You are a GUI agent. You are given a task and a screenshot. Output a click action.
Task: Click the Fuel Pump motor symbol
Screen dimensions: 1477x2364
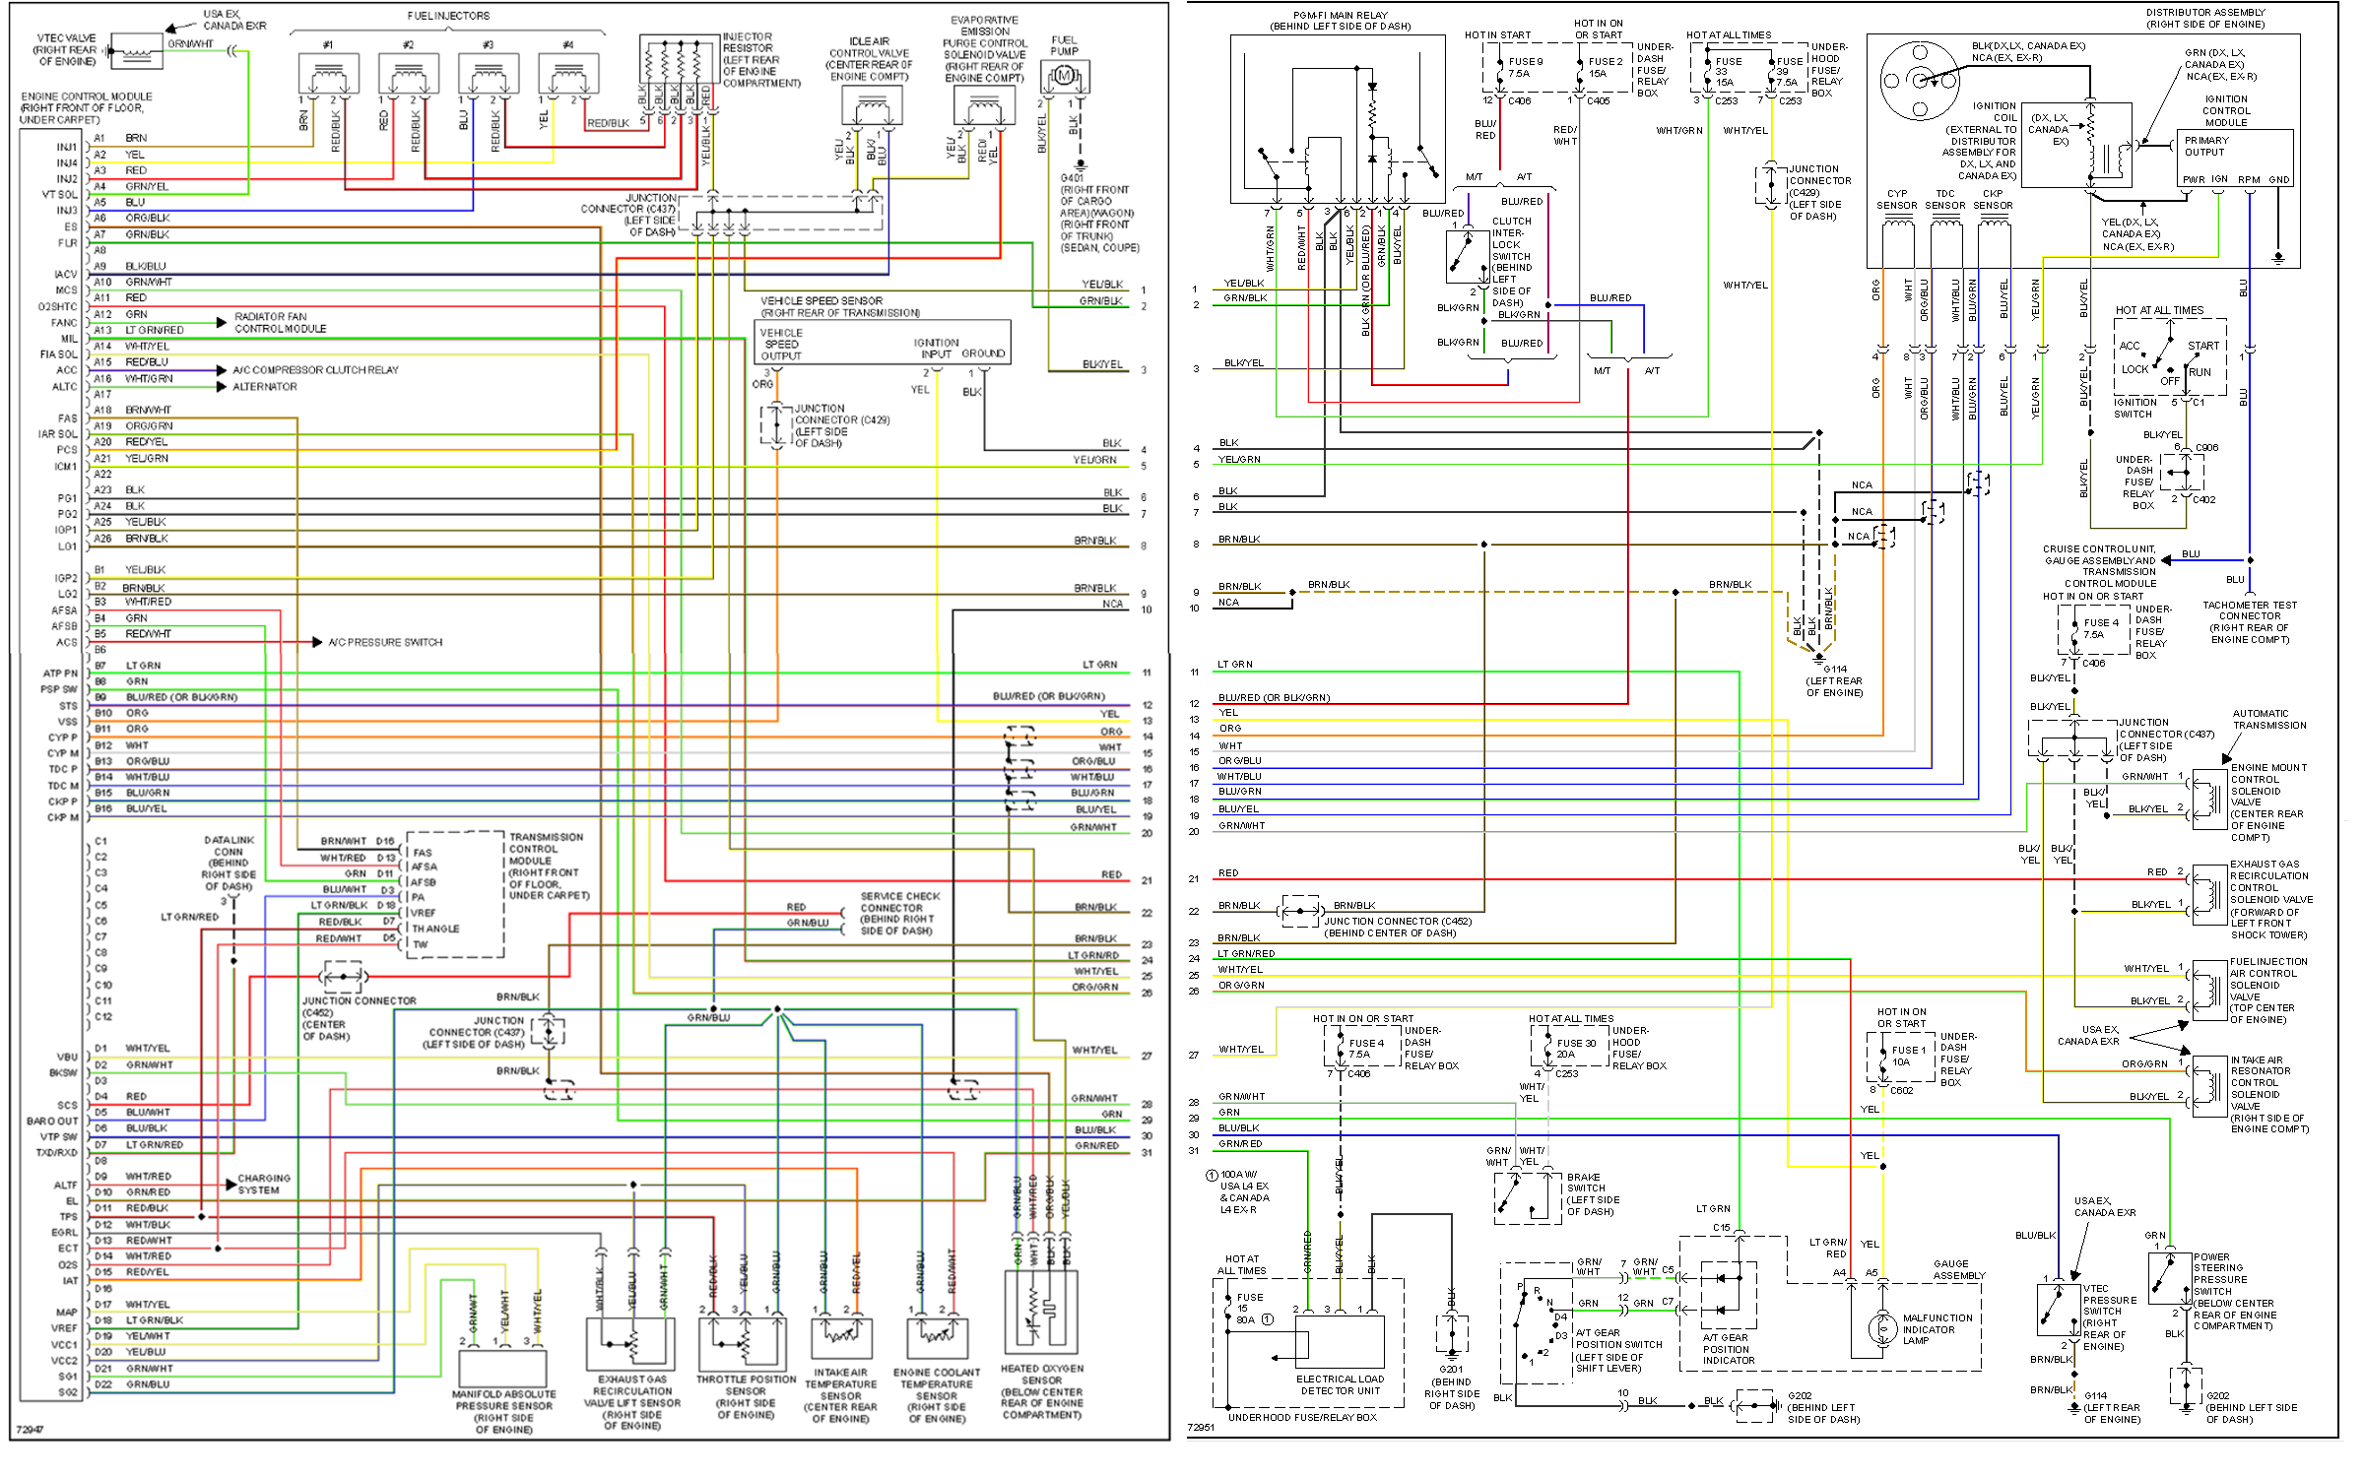[x=1063, y=76]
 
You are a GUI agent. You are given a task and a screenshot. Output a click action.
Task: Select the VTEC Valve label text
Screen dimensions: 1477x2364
[x=66, y=49]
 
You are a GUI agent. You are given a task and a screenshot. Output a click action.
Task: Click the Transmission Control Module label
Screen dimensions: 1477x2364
[x=548, y=866]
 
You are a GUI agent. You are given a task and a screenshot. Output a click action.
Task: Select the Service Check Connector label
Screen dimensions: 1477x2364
[x=899, y=913]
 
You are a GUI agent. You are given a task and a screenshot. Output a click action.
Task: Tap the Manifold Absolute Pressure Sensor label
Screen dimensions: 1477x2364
[x=503, y=1411]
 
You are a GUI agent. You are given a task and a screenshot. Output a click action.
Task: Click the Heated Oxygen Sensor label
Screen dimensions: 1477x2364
[x=1041, y=1391]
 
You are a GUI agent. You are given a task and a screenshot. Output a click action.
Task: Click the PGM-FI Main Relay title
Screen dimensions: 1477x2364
[x=1339, y=21]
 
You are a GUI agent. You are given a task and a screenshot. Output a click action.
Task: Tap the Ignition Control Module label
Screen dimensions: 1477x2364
[x=2225, y=110]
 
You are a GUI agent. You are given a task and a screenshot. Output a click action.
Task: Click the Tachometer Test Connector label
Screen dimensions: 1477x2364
[x=2249, y=621]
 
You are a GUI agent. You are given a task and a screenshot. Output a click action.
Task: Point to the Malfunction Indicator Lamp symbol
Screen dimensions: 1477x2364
[x=1882, y=1328]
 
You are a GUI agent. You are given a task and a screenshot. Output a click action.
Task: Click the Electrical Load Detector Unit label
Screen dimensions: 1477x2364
[x=1340, y=1384]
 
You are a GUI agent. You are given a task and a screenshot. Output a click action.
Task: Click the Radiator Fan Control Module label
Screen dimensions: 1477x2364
[x=280, y=322]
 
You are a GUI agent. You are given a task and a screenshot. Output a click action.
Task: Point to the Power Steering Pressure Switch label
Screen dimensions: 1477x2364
[x=2234, y=1291]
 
